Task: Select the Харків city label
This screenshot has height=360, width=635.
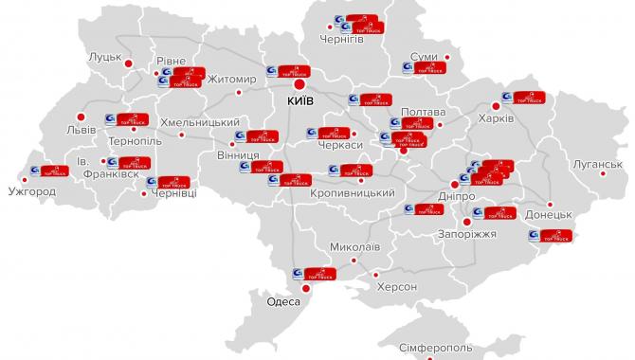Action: [524, 118]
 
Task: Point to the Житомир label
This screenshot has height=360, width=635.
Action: [232, 79]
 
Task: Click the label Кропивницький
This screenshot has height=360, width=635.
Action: [353, 192]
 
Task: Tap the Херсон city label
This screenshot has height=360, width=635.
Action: [396, 286]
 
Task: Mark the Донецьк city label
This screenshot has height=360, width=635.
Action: [547, 215]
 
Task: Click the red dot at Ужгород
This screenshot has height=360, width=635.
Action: [23, 176]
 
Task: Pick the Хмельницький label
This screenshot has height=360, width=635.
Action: [200, 122]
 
